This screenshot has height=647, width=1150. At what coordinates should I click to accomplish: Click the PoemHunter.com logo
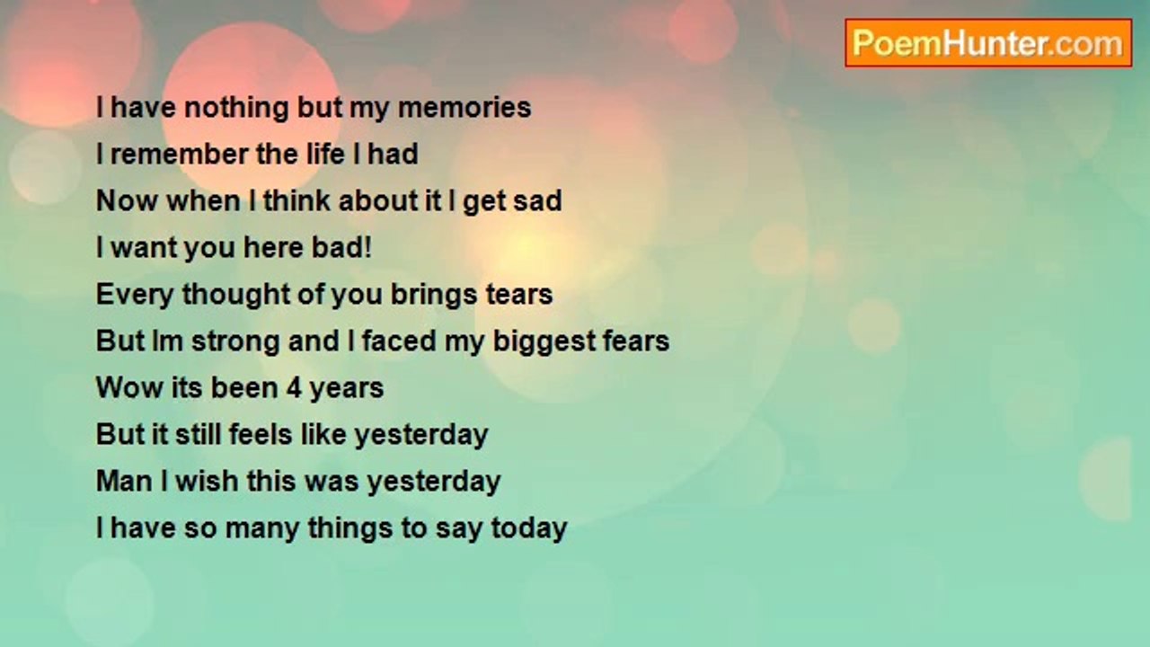pyautogui.click(x=988, y=43)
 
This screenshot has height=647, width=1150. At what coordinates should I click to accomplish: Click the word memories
pyautogui.click(x=464, y=107)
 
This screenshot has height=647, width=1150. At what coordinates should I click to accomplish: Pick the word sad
pyautogui.click(x=537, y=200)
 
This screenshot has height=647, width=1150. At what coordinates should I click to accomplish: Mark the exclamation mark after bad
pyautogui.click(x=367, y=247)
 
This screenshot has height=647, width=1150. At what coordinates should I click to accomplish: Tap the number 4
pyautogui.click(x=294, y=387)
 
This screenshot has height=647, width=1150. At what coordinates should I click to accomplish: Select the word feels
pyautogui.click(x=261, y=434)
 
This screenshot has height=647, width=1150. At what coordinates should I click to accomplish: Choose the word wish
pyautogui.click(x=207, y=481)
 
